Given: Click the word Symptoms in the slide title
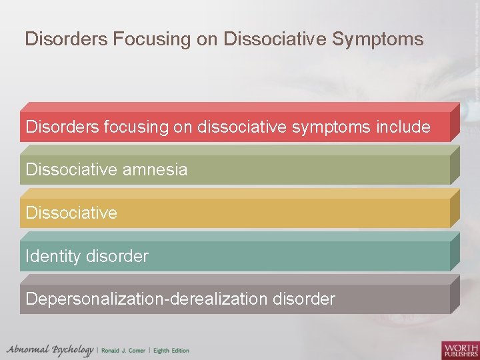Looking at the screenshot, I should click(378, 40).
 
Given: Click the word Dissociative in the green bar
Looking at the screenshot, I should click(71, 170).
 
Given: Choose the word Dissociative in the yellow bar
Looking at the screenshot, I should click(71, 213).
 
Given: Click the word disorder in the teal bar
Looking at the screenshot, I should click(117, 256).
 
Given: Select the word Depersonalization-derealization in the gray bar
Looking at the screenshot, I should click(147, 299).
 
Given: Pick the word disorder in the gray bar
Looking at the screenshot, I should click(304, 299).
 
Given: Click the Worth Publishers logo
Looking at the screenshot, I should click(459, 349).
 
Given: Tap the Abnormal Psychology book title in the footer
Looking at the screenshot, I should click(50, 350).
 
